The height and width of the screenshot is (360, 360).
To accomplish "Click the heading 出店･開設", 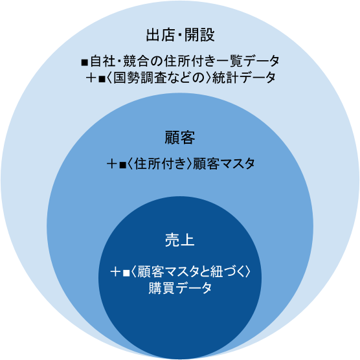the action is coord(181,35).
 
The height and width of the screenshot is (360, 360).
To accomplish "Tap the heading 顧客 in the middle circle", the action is coord(180,137).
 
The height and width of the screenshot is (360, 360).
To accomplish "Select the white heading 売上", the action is coord(180,240).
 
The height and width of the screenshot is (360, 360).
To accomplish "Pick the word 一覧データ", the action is coord(247,62).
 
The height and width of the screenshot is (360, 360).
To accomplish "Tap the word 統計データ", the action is coord(244,78).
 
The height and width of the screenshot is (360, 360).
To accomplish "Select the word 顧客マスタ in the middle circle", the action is coord(223,164).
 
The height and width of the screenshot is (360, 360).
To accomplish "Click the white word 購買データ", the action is coord(180,288).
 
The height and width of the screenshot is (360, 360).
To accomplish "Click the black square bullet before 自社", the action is coord(85,62).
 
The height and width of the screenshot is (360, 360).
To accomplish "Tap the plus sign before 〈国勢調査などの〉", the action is coord(91,78).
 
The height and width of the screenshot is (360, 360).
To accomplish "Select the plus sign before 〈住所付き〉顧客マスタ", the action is coord(112,164).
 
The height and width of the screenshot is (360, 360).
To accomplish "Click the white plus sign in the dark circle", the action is coord(115,273).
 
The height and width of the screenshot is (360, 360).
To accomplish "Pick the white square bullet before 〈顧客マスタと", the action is coord(126,273).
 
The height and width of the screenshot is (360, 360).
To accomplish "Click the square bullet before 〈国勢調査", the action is coord(102,79).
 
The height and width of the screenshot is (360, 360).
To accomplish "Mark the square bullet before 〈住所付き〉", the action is coord(122,165).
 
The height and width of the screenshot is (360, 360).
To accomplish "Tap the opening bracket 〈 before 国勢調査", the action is coord(109,78).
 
